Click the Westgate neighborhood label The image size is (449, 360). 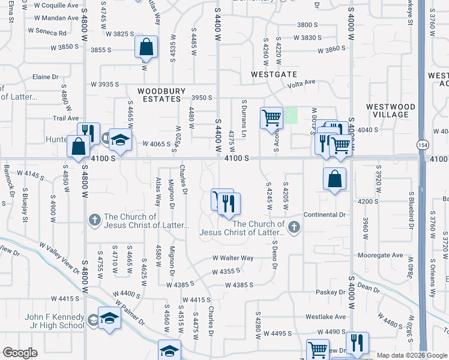point(274,74)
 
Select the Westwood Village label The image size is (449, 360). point(390,110)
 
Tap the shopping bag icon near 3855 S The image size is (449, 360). point(146,47)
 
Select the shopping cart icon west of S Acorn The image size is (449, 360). point(271,117)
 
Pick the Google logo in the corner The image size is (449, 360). point(20,353)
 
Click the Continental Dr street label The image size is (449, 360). point(325,214)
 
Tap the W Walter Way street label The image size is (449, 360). point(233,258)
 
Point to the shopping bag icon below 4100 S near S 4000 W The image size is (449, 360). point(334,179)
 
